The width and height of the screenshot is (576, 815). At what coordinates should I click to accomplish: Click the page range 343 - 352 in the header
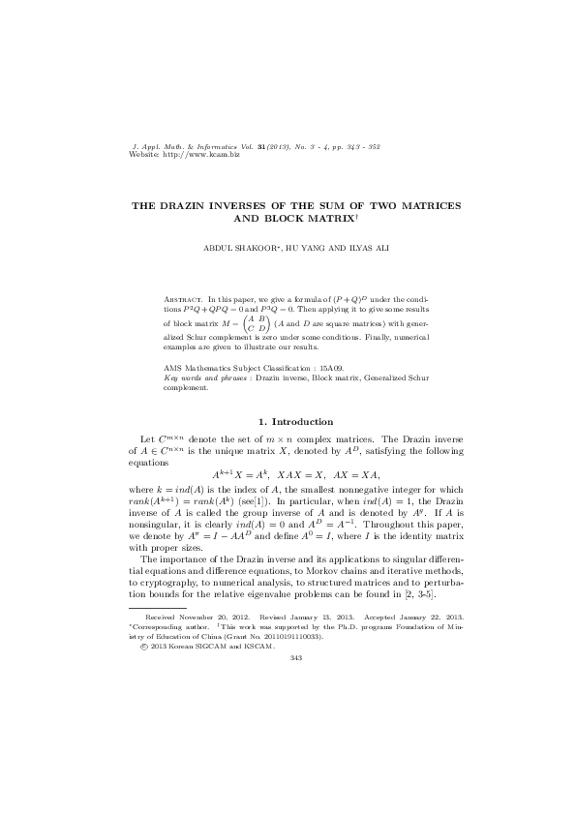359,145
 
